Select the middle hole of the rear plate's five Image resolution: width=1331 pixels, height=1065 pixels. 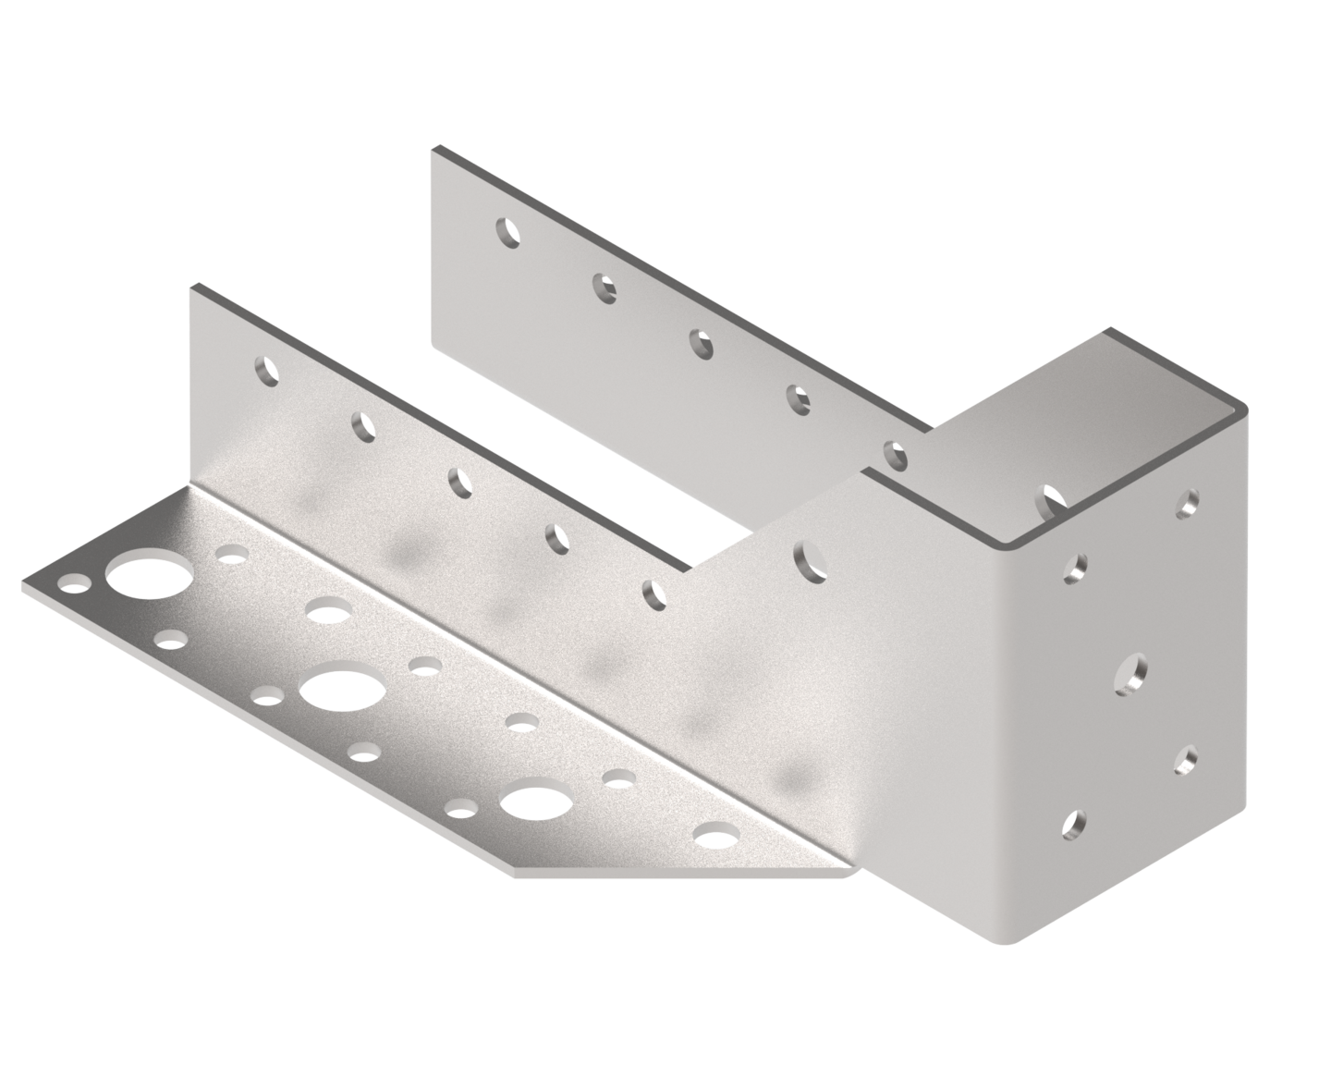703,343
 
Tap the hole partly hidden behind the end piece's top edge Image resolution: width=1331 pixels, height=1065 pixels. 1053,500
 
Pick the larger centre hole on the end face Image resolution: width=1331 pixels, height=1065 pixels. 1131,673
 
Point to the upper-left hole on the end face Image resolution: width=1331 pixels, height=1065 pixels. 1075,569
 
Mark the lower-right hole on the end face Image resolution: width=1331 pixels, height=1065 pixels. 1187,759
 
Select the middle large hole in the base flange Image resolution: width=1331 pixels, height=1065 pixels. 341,691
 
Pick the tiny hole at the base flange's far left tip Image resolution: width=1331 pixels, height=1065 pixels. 73,584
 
